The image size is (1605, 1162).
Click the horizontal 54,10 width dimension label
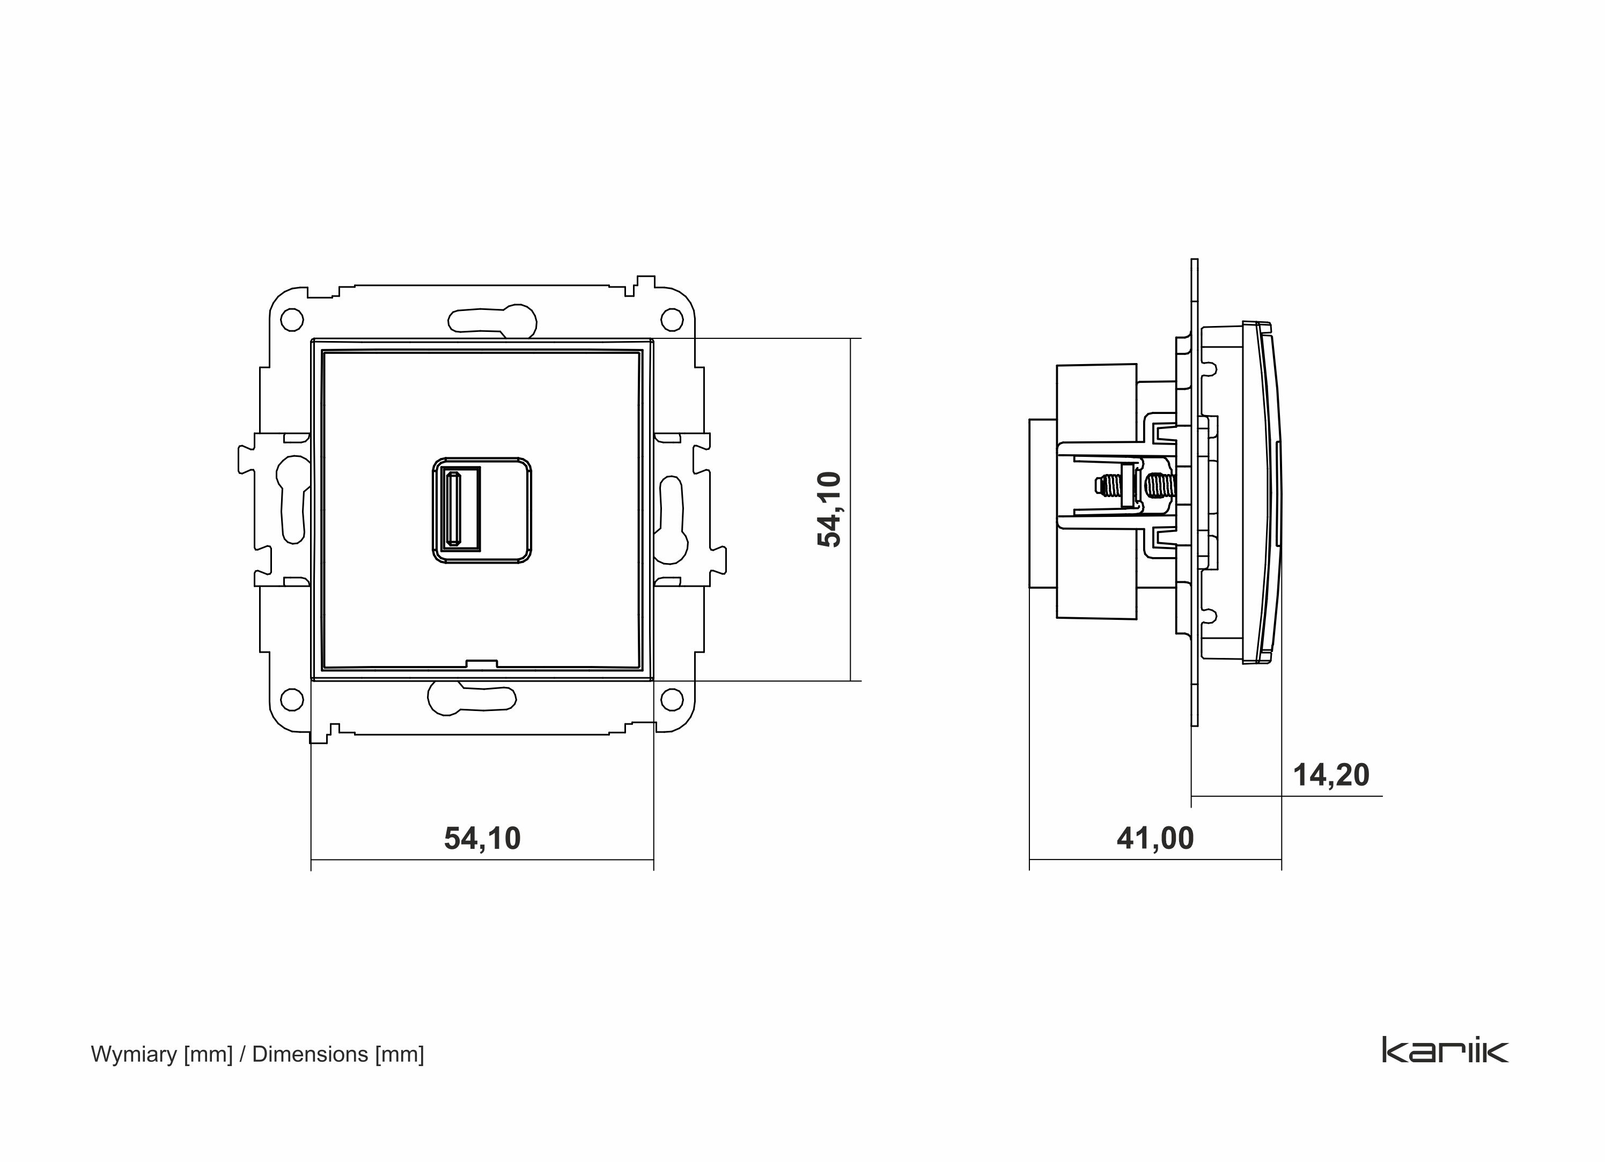pyautogui.click(x=482, y=838)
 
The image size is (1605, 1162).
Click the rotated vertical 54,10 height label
pyautogui.click(x=829, y=509)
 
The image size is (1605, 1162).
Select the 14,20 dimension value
pyautogui.click(x=1331, y=775)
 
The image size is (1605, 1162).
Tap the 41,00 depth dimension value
pyautogui.click(x=1155, y=838)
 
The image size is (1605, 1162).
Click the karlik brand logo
pyautogui.click(x=1445, y=1050)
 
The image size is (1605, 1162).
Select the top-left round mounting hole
pyautogui.click(x=292, y=320)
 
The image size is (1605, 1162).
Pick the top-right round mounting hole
pyautogui.click(x=672, y=320)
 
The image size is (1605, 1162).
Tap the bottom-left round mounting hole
pyautogui.click(x=292, y=699)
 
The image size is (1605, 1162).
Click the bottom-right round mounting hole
pyautogui.click(x=672, y=699)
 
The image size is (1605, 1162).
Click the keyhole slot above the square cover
pyautogui.click(x=491, y=320)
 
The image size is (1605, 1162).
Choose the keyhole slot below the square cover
pyautogui.click(x=470, y=698)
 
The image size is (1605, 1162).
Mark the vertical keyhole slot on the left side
pyautogui.click(x=292, y=499)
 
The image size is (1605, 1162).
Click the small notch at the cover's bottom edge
pyautogui.click(x=481, y=664)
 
